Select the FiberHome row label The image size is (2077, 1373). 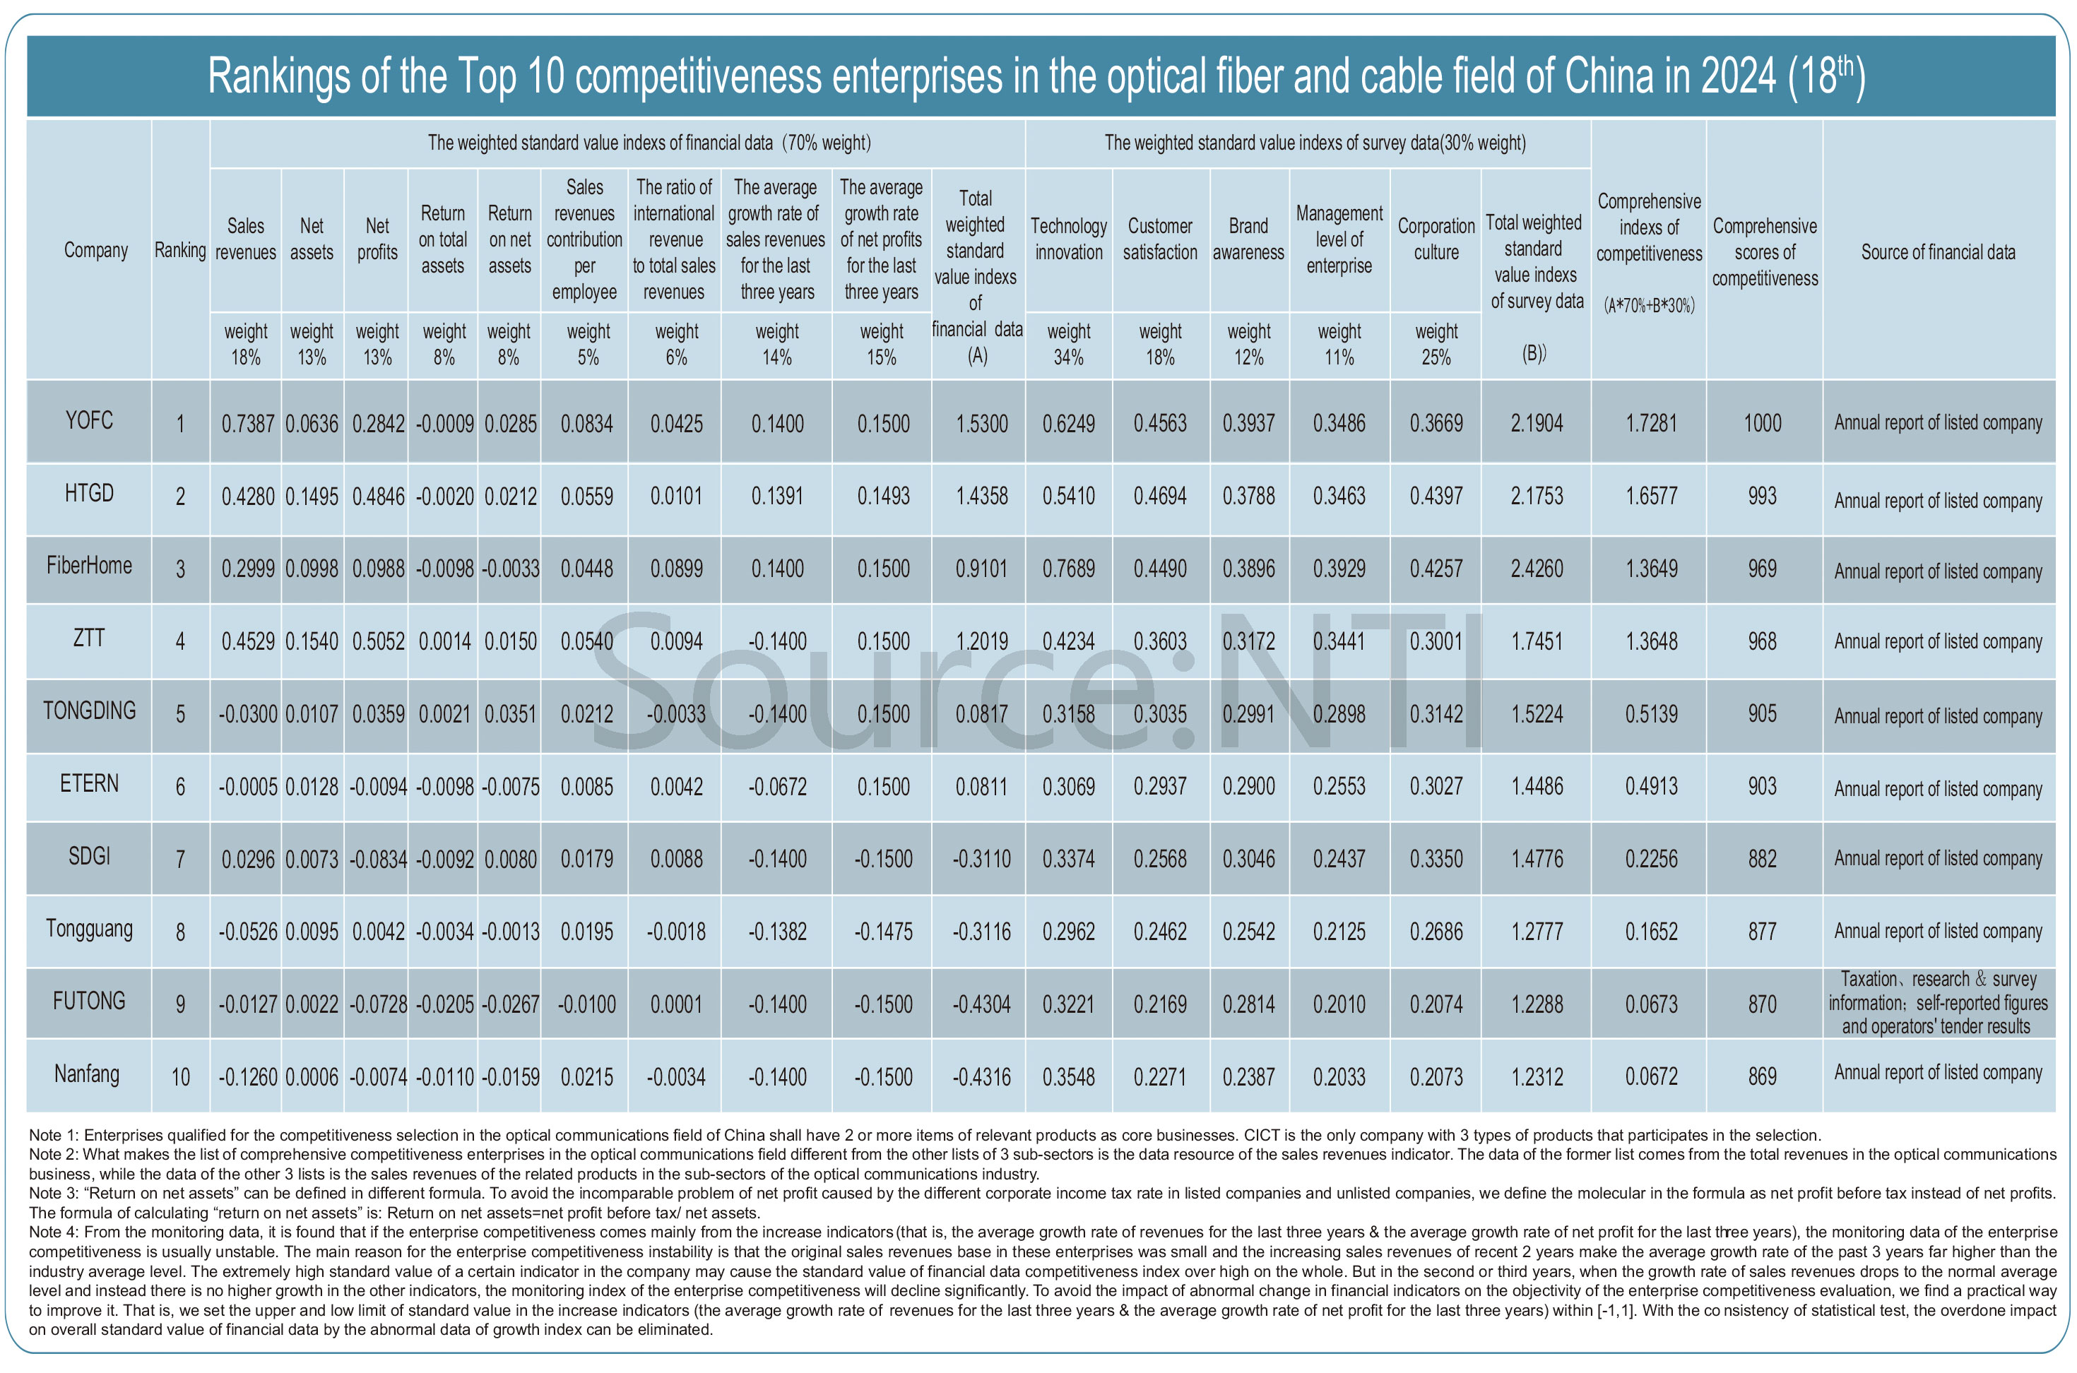[x=89, y=566]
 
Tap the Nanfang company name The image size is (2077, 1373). [x=88, y=1074]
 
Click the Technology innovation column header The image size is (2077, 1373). [x=1068, y=239]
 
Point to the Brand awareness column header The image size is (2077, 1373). [x=1248, y=239]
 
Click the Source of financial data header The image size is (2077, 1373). [x=1938, y=252]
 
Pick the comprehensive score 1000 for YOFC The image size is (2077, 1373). [x=1763, y=424]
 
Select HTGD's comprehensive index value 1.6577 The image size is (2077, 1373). [x=1652, y=497]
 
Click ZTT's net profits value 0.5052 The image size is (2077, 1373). [x=378, y=642]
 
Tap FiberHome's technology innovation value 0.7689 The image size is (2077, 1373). [x=1068, y=569]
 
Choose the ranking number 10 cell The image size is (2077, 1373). [x=180, y=1077]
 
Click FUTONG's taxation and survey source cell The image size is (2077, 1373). [x=1938, y=1003]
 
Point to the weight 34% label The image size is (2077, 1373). [x=1068, y=344]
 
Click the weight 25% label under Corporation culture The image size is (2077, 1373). [x=1436, y=344]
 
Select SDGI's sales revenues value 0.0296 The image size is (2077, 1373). [x=248, y=860]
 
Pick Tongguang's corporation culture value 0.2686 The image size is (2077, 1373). [x=1436, y=932]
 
